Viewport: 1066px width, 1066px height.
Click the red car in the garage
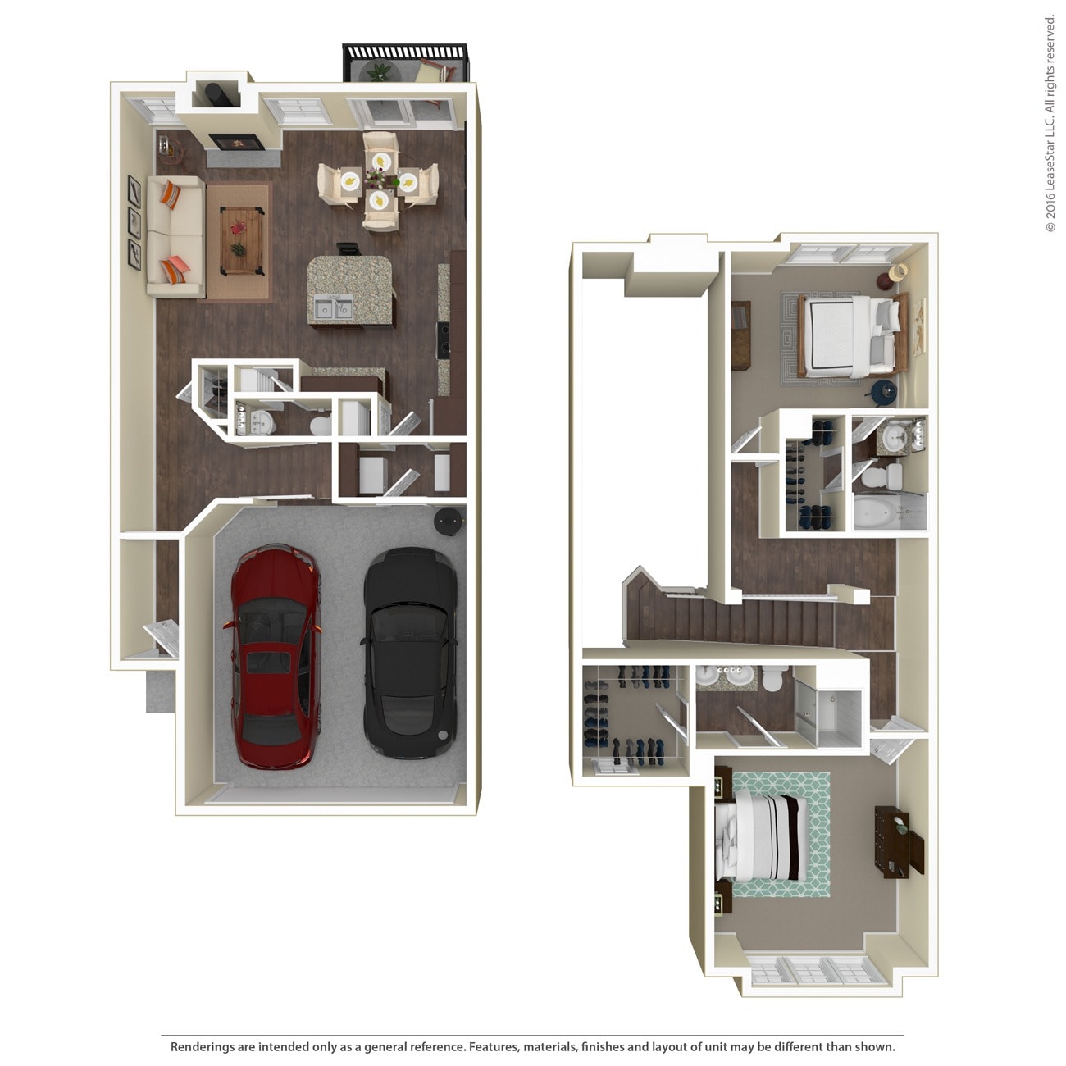[x=273, y=656]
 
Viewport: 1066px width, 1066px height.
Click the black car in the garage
[x=410, y=652]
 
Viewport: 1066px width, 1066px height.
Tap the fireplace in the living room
[x=235, y=141]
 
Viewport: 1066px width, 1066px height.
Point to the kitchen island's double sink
[x=331, y=308]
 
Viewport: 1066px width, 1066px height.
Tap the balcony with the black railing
[x=404, y=64]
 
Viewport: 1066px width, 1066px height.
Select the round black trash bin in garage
[x=448, y=520]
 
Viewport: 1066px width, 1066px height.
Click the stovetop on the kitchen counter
[x=444, y=338]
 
